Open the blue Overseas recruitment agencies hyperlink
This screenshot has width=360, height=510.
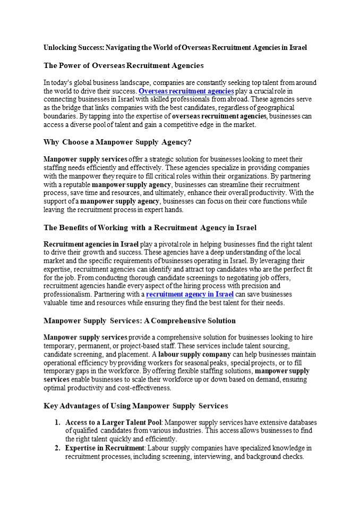[186, 91]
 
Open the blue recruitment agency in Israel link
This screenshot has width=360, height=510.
[190, 294]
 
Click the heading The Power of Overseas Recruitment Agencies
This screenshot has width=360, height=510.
[123, 66]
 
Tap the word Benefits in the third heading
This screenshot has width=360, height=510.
[79, 228]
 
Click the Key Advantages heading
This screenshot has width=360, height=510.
[135, 406]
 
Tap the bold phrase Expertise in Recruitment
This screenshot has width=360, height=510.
[99, 448]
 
